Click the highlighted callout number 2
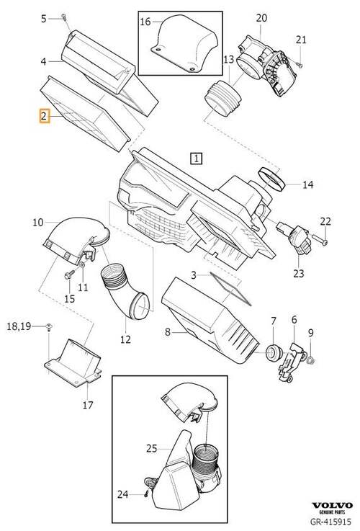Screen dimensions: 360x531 pyautogui.click(x=44, y=117)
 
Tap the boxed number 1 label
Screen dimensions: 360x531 pyautogui.click(x=197, y=159)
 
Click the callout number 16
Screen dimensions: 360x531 pyautogui.click(x=145, y=22)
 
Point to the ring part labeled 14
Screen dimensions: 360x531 pyautogui.click(x=272, y=179)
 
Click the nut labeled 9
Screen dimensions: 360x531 pyautogui.click(x=310, y=360)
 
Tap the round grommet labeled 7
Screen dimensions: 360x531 pyautogui.click(x=273, y=352)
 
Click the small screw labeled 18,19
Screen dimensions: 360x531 pyautogui.click(x=50, y=326)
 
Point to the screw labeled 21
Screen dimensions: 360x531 pyautogui.click(x=299, y=64)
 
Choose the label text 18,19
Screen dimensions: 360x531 pyautogui.click(x=19, y=326)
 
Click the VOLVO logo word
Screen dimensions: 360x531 pyautogui.click(x=332, y=506)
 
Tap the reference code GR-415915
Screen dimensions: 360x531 pyautogui.click(x=331, y=522)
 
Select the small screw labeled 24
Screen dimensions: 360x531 pyautogui.click(x=146, y=494)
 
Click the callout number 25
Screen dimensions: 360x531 pyautogui.click(x=152, y=448)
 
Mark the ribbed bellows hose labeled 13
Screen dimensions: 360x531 pyautogui.click(x=223, y=98)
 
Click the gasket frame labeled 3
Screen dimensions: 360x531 pyautogui.click(x=230, y=288)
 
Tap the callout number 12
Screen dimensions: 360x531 pyautogui.click(x=125, y=339)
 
